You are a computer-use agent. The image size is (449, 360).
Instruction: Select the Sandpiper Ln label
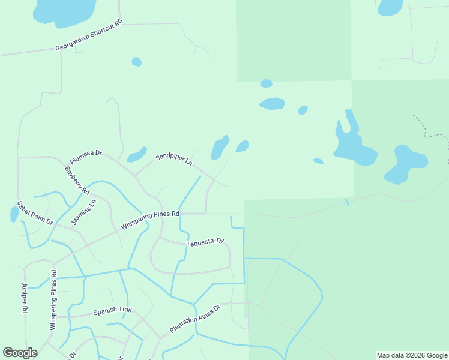click(173, 160)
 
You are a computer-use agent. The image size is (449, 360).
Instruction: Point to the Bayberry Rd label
click(77, 180)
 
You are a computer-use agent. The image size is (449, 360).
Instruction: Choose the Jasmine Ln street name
click(83, 213)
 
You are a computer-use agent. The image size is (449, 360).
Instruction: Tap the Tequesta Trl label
click(205, 242)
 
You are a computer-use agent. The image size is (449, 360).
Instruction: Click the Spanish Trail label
click(112, 311)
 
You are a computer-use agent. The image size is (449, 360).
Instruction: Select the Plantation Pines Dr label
click(195, 319)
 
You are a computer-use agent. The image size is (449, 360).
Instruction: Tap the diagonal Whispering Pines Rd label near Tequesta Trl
click(150, 220)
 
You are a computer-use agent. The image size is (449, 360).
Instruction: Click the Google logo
click(20, 353)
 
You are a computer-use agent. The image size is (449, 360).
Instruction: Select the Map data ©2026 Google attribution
click(412, 355)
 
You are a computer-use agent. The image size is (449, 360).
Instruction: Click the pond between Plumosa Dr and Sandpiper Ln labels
click(136, 155)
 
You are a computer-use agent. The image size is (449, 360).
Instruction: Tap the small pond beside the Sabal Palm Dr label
click(14, 214)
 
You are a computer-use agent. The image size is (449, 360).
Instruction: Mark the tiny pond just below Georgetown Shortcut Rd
click(137, 62)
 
